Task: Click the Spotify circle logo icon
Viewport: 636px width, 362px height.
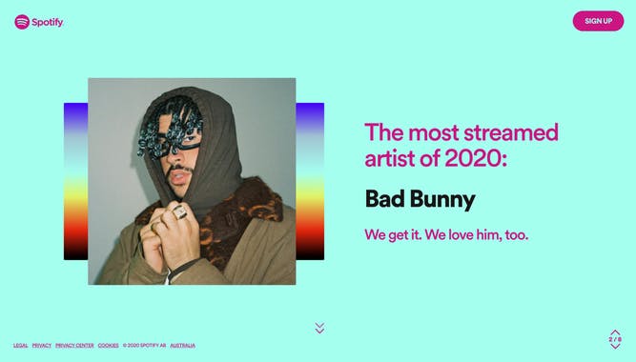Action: click(22, 22)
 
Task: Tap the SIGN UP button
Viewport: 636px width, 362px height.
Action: click(598, 21)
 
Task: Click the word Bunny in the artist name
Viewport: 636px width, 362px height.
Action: click(443, 200)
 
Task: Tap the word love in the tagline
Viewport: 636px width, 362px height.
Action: click(453, 234)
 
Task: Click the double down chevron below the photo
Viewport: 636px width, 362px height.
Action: click(319, 329)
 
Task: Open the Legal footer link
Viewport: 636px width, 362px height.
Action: click(21, 345)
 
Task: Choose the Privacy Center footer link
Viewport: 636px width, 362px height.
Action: click(74, 345)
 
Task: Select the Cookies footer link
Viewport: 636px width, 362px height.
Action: click(109, 345)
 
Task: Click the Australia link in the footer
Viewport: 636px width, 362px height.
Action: click(183, 345)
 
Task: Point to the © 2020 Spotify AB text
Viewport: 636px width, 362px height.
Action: click(145, 345)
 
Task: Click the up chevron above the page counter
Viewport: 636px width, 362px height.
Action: click(615, 332)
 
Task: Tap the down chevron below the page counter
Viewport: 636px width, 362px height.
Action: click(615, 347)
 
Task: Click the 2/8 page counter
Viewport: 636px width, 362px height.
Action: click(615, 339)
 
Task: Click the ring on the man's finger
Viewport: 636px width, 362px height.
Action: click(179, 214)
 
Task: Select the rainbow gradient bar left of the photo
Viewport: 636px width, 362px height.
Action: click(75, 181)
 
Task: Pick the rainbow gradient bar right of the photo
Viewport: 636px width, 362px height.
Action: click(310, 181)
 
